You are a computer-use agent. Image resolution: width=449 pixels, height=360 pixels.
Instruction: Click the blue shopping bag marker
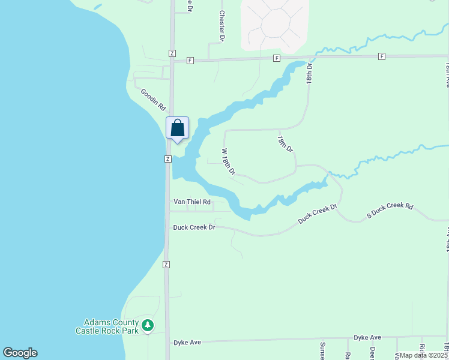click(177, 128)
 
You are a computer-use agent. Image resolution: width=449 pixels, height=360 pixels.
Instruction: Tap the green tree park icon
click(148, 326)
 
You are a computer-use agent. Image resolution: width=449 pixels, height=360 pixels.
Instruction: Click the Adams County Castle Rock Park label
click(107, 326)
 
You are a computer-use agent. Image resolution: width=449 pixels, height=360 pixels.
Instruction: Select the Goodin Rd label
click(153, 99)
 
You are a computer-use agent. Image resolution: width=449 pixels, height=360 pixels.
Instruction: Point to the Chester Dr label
click(221, 25)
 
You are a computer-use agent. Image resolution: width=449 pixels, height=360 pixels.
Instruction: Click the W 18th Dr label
click(228, 162)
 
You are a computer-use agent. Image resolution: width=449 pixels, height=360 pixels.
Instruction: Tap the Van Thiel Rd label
click(192, 202)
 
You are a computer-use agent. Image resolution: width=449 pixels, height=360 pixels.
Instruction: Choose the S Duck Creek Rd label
click(390, 211)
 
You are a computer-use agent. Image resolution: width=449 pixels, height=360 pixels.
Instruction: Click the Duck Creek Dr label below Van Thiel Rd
click(194, 227)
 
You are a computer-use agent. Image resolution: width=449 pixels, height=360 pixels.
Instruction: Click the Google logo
click(20, 353)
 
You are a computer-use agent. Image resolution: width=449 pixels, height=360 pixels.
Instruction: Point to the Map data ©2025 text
click(423, 355)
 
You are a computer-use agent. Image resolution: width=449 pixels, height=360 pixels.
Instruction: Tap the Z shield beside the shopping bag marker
click(168, 159)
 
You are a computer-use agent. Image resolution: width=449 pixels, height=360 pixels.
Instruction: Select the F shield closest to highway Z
click(190, 61)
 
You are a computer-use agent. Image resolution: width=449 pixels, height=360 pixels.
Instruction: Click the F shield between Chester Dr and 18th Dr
click(277, 58)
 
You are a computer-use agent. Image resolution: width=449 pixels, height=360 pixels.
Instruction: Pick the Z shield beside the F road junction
click(172, 53)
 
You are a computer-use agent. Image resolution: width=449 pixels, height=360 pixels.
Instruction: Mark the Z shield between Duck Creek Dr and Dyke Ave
click(166, 265)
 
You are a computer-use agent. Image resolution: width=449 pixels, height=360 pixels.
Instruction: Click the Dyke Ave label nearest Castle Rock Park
click(187, 342)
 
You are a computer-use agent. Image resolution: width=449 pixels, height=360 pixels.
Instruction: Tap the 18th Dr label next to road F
click(310, 72)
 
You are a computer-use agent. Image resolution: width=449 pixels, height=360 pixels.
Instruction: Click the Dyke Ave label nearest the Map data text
click(367, 338)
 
